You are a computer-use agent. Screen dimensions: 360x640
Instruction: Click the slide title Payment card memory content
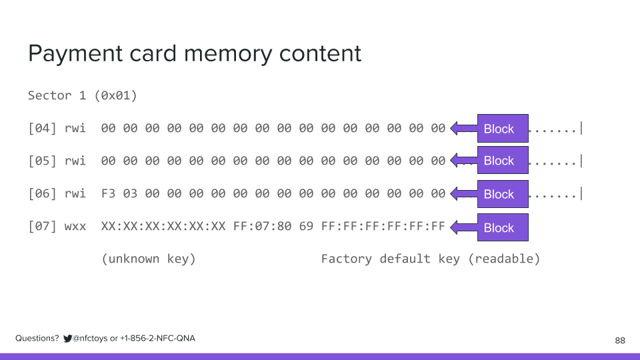tap(194, 53)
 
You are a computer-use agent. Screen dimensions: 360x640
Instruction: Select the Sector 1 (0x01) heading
tap(83, 95)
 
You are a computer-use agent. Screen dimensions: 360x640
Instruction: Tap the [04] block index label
tap(42, 128)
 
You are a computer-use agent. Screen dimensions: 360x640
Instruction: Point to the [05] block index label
tap(42, 161)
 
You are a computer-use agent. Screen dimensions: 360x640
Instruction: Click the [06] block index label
tap(42, 194)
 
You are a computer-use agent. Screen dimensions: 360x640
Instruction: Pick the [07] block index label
tap(42, 227)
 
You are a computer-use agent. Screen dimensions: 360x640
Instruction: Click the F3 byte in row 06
tap(108, 194)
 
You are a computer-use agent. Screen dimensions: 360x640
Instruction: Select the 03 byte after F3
tap(130, 194)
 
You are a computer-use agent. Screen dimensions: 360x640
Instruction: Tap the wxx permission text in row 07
tap(75, 227)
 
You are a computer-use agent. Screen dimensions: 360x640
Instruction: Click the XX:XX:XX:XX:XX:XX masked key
tap(163, 227)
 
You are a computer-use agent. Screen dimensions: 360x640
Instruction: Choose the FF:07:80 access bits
tap(262, 227)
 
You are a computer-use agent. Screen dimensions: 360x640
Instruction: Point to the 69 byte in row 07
tap(306, 227)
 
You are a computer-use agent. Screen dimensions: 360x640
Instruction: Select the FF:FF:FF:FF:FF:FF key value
tap(383, 227)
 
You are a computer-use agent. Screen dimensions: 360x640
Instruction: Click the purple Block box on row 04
tap(502, 129)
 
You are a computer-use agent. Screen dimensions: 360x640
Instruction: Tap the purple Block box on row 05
tap(502, 161)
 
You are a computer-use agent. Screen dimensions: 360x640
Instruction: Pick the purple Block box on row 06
tap(502, 194)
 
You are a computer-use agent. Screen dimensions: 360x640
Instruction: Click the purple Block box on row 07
tap(502, 227)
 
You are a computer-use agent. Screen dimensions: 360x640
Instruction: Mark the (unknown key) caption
tap(149, 259)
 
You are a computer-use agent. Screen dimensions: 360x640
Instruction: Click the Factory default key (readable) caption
tap(430, 259)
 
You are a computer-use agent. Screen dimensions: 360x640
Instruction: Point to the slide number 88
tap(619, 341)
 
